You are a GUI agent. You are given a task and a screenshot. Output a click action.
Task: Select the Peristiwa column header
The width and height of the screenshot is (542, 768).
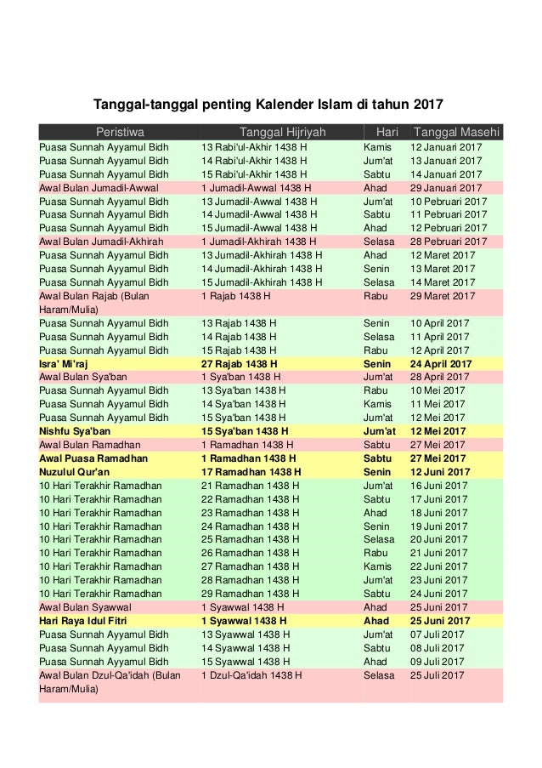(120, 133)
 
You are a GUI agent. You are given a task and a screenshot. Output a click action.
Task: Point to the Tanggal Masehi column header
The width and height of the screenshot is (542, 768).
(456, 133)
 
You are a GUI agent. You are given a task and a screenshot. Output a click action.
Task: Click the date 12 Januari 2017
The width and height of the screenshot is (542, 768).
(446, 147)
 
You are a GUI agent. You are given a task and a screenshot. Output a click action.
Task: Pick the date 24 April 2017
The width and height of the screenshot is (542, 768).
(443, 363)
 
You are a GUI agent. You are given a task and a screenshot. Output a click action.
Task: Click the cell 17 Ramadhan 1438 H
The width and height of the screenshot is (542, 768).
(251, 472)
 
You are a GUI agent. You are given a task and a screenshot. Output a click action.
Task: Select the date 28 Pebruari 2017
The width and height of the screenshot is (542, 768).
(450, 242)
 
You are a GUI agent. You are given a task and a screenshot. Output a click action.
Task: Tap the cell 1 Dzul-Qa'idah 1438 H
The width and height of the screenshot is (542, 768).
(251, 675)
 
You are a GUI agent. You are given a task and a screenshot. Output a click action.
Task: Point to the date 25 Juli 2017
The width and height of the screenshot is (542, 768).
(438, 675)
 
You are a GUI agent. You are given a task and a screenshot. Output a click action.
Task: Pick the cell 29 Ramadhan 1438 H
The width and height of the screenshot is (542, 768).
(250, 594)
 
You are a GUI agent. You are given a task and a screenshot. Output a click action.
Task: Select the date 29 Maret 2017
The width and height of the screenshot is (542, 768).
(443, 296)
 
